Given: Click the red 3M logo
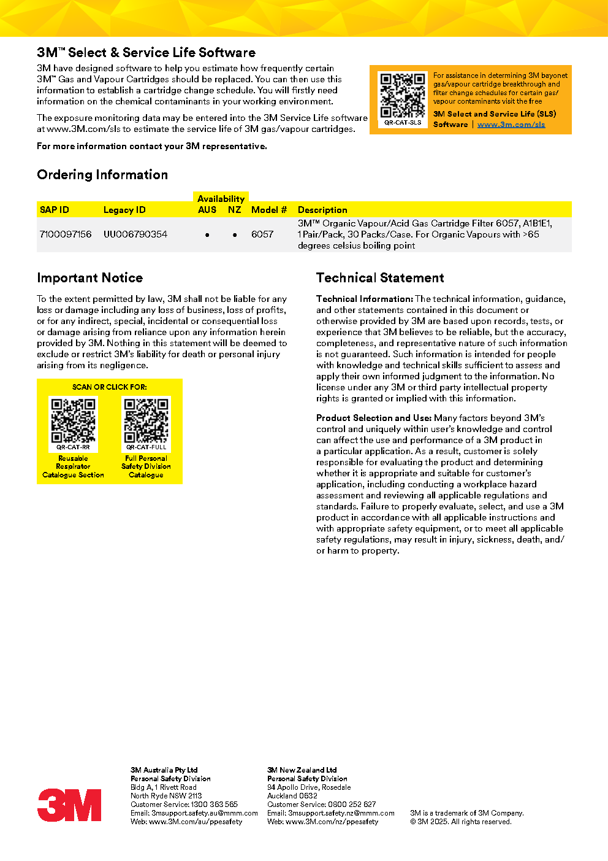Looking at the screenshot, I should (x=69, y=805).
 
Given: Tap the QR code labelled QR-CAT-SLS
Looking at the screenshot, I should (x=403, y=95).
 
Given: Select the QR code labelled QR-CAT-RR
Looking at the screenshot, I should (x=73, y=420).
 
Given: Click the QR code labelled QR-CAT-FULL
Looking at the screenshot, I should (x=146, y=420).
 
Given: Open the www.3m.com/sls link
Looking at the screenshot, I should (x=511, y=125).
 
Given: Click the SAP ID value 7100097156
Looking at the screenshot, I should (x=66, y=234).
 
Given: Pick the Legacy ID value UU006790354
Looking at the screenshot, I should (x=135, y=234).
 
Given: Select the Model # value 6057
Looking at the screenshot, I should (x=262, y=234).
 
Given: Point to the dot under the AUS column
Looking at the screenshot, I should (x=207, y=235).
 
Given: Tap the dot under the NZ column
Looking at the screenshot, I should (x=235, y=235).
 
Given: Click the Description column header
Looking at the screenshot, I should (x=322, y=210).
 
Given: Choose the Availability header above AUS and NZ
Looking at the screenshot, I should (x=221, y=199).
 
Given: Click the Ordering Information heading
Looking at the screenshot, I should (x=102, y=175).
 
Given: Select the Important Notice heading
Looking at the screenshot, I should (x=89, y=278).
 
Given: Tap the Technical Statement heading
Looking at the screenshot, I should (x=380, y=278).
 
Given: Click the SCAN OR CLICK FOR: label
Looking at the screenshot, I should (x=110, y=387).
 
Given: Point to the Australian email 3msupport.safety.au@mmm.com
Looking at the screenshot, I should (x=205, y=813).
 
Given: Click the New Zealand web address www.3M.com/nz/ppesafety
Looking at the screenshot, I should (x=332, y=822).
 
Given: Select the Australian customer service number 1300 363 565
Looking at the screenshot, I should (x=214, y=805).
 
